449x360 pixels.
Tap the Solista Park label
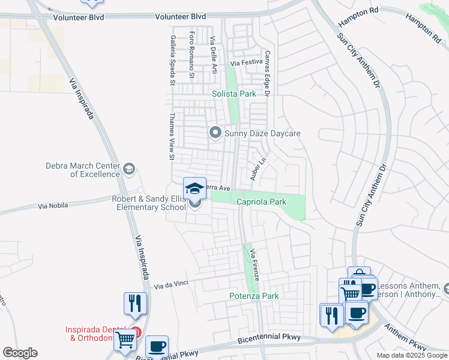coord(234,94)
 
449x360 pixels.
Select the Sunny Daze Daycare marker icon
coord(215,133)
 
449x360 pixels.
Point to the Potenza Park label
coord(255,296)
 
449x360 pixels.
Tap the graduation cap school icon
coord(194,189)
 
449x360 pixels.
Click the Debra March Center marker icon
coord(128,170)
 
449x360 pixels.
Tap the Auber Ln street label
coord(258,170)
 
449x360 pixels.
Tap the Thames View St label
coord(172,137)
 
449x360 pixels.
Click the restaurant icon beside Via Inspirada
coord(135,304)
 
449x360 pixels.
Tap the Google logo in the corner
coord(20,353)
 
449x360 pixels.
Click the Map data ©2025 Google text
coord(411,355)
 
